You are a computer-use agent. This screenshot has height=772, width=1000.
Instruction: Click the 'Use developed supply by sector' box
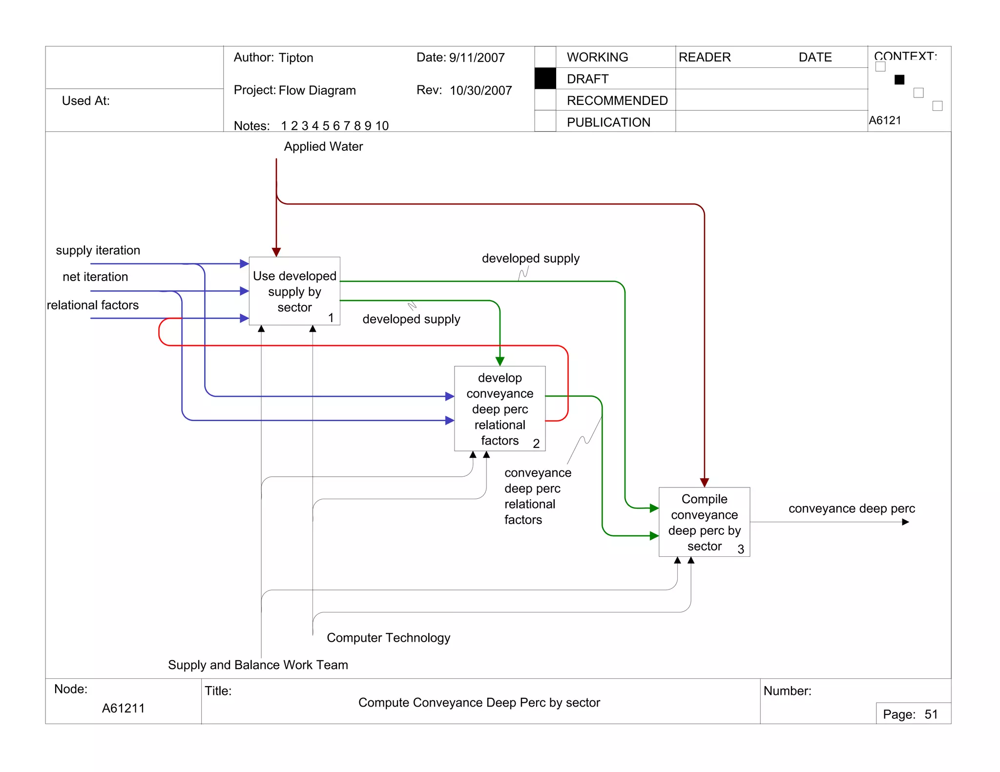click(294, 291)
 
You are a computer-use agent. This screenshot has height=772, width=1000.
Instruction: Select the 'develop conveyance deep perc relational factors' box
click(500, 408)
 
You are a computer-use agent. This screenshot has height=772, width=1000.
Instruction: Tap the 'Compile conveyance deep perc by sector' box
click(704, 522)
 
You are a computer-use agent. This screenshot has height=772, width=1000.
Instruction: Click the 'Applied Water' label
click(323, 146)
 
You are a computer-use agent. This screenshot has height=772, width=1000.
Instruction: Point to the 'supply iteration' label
click(98, 250)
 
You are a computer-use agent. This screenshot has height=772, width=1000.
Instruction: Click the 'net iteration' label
click(95, 277)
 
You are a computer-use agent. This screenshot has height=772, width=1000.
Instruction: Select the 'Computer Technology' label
click(388, 638)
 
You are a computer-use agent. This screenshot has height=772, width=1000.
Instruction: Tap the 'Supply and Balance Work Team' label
click(258, 665)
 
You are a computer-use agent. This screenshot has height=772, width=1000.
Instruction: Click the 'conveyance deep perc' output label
click(851, 508)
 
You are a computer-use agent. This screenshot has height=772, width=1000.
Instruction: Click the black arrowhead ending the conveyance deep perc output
click(905, 522)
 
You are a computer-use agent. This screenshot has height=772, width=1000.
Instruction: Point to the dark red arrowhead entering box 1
click(276, 252)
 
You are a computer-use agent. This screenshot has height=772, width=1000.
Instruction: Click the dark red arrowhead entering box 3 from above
click(704, 482)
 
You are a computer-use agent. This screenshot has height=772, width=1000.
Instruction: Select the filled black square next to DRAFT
click(545, 79)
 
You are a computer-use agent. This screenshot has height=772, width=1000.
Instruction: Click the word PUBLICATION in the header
click(608, 122)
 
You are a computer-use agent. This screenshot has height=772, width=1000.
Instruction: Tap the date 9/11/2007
click(477, 58)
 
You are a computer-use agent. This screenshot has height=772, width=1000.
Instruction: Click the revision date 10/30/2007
click(480, 90)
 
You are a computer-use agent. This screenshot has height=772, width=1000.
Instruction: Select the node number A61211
click(123, 708)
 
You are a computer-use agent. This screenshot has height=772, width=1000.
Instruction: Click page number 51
click(931, 714)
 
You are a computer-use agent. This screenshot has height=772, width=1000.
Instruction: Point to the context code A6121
click(885, 120)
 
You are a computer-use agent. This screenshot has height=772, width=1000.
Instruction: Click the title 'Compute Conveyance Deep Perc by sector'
click(479, 702)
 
